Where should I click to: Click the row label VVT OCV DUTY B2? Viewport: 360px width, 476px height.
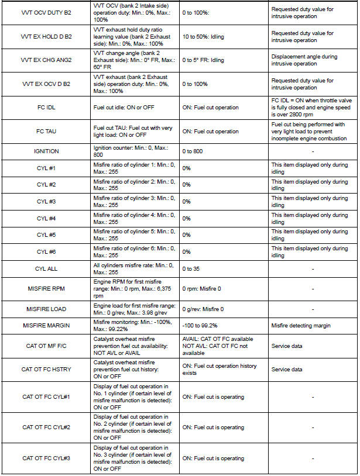pos(46,12)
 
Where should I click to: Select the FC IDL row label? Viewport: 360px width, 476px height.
pos(46,107)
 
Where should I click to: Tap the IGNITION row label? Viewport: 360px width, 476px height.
pos(46,151)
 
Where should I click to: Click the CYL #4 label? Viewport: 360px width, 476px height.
pos(46,218)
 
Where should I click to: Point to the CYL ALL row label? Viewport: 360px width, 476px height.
pos(46,268)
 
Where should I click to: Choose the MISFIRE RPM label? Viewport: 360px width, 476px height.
pos(46,288)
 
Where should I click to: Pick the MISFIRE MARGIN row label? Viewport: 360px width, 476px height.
pos(46,325)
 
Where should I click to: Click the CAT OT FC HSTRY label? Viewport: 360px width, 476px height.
pos(46,370)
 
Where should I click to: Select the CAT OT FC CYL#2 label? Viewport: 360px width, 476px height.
pos(46,427)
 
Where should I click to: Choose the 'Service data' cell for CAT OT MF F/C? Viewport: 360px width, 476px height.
pos(287,346)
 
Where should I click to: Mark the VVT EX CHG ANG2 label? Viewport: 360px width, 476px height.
pos(46,60)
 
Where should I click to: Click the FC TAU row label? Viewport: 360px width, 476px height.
pos(46,132)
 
